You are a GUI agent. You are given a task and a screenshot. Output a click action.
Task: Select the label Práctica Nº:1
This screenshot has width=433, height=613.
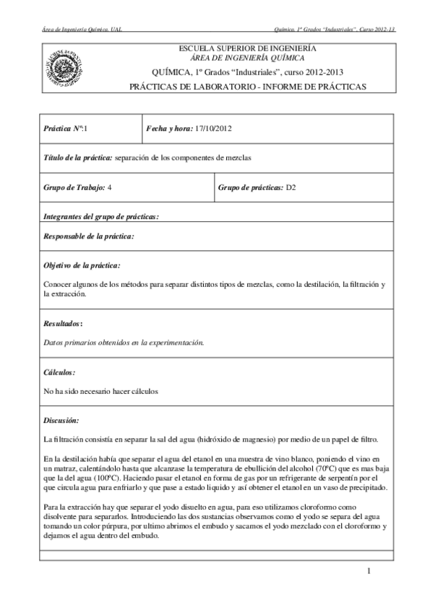tap(65, 128)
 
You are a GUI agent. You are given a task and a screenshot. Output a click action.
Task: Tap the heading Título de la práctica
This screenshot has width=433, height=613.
tap(77, 158)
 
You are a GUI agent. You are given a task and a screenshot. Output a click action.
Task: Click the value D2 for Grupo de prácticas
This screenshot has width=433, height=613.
tap(291, 187)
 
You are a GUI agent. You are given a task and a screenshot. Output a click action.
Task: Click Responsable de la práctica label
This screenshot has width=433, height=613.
tap(89, 236)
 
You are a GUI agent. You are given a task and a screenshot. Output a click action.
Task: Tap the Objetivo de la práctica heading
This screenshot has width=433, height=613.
tap(82, 266)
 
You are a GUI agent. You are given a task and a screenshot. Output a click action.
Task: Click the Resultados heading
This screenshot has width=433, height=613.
tap(64, 324)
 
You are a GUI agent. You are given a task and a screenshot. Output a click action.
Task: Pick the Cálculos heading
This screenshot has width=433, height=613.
tap(59, 372)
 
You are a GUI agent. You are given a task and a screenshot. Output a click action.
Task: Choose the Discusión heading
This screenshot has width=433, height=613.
tap(61, 420)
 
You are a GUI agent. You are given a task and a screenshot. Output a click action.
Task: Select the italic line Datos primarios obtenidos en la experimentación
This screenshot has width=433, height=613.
tap(124, 343)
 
